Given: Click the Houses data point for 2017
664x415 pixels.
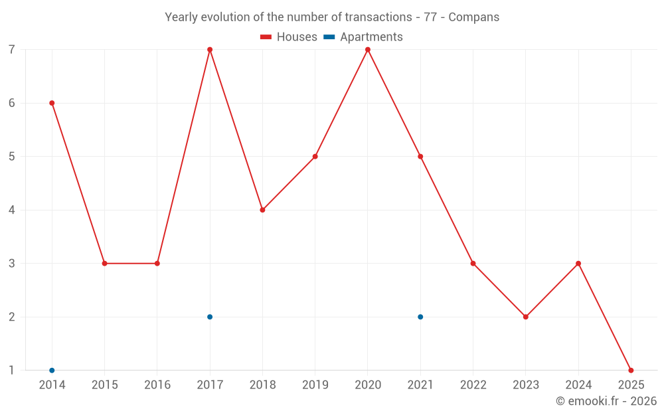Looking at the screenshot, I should tap(210, 50).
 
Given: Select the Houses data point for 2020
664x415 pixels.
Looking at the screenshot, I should tap(368, 50).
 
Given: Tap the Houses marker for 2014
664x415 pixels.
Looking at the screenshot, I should tap(52, 103).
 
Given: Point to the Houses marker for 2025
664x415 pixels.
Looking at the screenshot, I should tap(631, 370).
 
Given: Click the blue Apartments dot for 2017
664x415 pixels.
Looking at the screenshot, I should tap(210, 317).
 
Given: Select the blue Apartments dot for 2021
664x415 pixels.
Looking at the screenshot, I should tap(420, 317).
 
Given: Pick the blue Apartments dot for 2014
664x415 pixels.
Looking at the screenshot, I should tap(52, 370).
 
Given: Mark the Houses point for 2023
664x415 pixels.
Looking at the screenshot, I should tap(525, 317).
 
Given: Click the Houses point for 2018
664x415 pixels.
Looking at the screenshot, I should tap(262, 210).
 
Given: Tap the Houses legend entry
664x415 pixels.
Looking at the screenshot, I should tap(289, 37).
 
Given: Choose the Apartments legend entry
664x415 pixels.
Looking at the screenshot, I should tap(363, 37).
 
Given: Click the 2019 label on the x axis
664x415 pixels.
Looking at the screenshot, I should tap(315, 385).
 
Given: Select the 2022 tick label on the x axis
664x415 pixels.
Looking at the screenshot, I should tap(473, 385).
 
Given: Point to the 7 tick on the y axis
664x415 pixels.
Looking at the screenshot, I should tap(12, 50).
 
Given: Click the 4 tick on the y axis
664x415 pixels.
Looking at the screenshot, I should tap(12, 210).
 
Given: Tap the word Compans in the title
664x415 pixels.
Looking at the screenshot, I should tap(474, 17).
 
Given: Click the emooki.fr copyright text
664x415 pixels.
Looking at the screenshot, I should tap(606, 401).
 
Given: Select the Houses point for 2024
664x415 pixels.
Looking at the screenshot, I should tap(578, 264).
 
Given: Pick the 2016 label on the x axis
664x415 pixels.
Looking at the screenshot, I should tap(157, 385).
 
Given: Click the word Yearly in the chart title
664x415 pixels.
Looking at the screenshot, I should tap(181, 17).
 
